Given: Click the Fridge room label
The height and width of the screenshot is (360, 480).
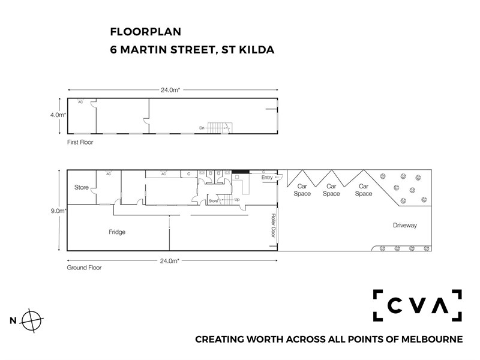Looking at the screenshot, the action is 117,232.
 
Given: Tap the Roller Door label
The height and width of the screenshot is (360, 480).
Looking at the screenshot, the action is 274,226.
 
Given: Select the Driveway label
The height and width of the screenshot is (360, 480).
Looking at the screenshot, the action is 404,226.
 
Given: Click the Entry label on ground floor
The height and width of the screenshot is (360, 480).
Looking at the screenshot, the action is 267,177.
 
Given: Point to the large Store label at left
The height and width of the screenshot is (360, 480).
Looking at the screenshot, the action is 82,187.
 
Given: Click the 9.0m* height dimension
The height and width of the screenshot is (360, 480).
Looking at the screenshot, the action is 58,211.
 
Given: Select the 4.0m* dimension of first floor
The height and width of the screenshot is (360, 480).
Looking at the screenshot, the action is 58,115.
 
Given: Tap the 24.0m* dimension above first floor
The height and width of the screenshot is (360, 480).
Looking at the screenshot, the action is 170,90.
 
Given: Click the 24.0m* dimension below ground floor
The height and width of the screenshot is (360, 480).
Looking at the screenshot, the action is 169,261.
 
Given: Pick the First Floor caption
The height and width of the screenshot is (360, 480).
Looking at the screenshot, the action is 80,142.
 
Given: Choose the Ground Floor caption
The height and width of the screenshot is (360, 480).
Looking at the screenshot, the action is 84,268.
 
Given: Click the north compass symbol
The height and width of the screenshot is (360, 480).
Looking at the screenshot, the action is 32,321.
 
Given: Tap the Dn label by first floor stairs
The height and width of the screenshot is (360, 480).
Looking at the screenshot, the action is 202,128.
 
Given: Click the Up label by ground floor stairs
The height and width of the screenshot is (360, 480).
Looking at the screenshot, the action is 237,200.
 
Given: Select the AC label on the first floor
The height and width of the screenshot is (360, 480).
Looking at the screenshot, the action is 80,102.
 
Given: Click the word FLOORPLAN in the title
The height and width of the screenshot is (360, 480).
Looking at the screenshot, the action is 146,32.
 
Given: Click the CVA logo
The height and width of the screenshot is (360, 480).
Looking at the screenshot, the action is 417,305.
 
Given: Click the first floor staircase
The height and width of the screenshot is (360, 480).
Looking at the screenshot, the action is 220,128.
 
